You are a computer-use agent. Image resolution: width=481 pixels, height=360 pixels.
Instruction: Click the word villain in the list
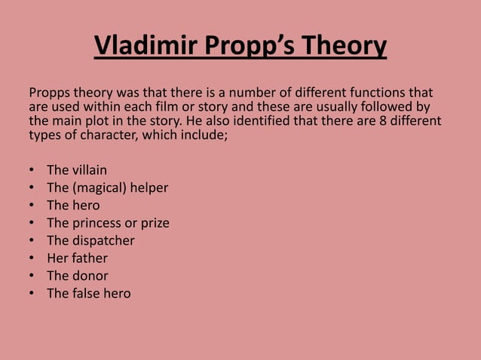pyautogui.click(x=90, y=169)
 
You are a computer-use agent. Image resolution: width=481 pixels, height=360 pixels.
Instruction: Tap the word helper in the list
pyautogui.click(x=150, y=188)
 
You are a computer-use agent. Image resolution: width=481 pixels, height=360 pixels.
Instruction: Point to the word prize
pyautogui.click(x=154, y=223)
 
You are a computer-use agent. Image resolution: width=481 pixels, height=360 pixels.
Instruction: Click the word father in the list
pyautogui.click(x=90, y=258)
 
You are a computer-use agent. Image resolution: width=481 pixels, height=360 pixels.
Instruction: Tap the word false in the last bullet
pyautogui.click(x=89, y=293)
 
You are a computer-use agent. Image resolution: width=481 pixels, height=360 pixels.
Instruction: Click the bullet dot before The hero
pyautogui.click(x=32, y=206)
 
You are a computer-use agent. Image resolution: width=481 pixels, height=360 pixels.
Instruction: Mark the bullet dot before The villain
pyautogui.click(x=32, y=170)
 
